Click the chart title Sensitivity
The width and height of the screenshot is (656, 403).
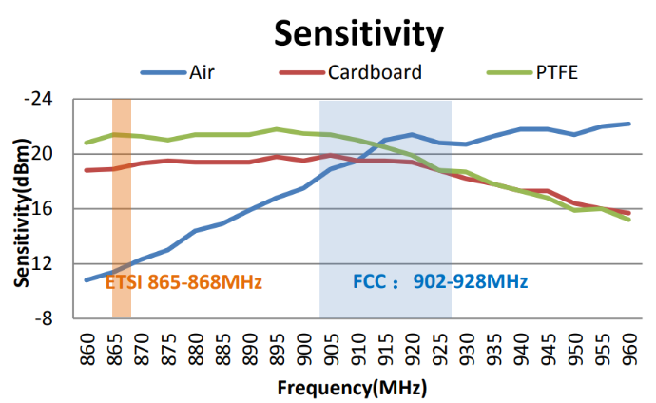point(358,33)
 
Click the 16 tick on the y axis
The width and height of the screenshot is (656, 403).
point(44,208)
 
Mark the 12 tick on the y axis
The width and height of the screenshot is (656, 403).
point(44,263)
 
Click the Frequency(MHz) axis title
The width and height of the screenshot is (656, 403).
point(352,388)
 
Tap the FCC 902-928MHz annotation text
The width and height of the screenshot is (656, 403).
point(440,282)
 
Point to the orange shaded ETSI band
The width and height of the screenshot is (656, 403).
point(122,190)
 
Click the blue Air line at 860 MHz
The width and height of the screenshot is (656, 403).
point(87,279)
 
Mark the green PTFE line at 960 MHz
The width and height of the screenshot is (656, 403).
point(628,220)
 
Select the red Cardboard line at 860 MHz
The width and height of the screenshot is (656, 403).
point(87,170)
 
